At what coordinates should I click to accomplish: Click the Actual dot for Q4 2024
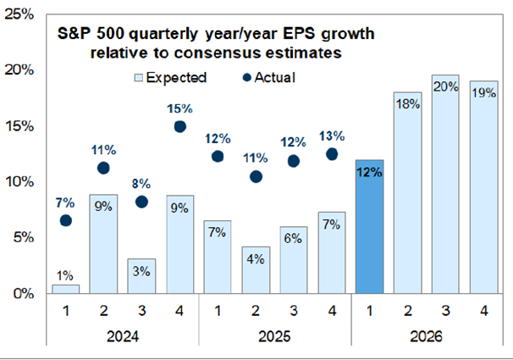click(179, 126)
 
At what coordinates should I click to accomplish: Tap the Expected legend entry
click(168, 77)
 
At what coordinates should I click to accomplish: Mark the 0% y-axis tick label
click(26, 294)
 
